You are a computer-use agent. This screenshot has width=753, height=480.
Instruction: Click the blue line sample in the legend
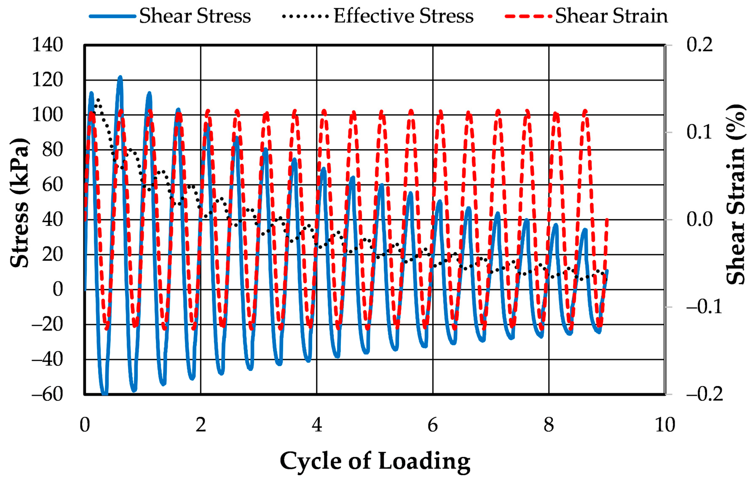(x=113, y=16)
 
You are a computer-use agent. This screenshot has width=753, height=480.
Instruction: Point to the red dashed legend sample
(x=528, y=16)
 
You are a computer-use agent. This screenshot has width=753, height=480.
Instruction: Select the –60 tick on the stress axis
(x=48, y=394)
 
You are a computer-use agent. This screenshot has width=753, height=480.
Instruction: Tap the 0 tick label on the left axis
(x=58, y=289)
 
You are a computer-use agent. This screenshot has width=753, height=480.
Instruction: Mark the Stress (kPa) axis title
(x=19, y=203)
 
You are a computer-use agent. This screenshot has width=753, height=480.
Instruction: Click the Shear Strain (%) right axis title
(x=736, y=194)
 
